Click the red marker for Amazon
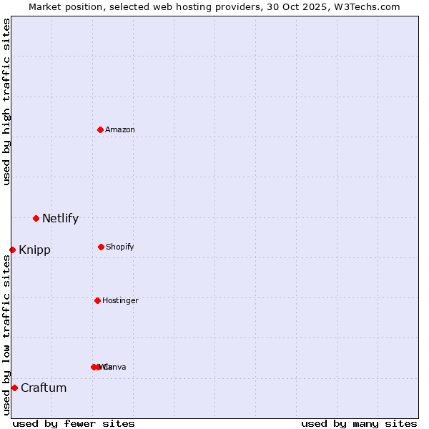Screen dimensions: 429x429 coord(100,129)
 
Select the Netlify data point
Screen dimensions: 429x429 coord(36,218)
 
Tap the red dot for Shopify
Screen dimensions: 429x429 coord(101,247)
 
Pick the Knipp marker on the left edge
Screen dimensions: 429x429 coord(12,250)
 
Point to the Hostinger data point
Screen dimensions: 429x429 coord(97,300)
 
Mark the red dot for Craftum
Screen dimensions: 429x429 coord(14,388)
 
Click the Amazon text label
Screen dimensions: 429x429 coord(120,129)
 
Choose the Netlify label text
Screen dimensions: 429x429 coord(60,219)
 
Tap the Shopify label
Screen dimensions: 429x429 coord(120,247)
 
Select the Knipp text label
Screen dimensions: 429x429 coord(34,250)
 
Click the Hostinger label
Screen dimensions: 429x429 coord(120,300)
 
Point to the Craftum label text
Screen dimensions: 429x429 coord(44,388)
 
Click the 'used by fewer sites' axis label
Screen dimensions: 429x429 coord(74,423)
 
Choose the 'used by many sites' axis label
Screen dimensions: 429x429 coord(359,423)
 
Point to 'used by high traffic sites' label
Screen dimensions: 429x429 coord(6,102)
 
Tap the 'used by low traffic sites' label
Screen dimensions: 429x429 coord(6,335)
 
